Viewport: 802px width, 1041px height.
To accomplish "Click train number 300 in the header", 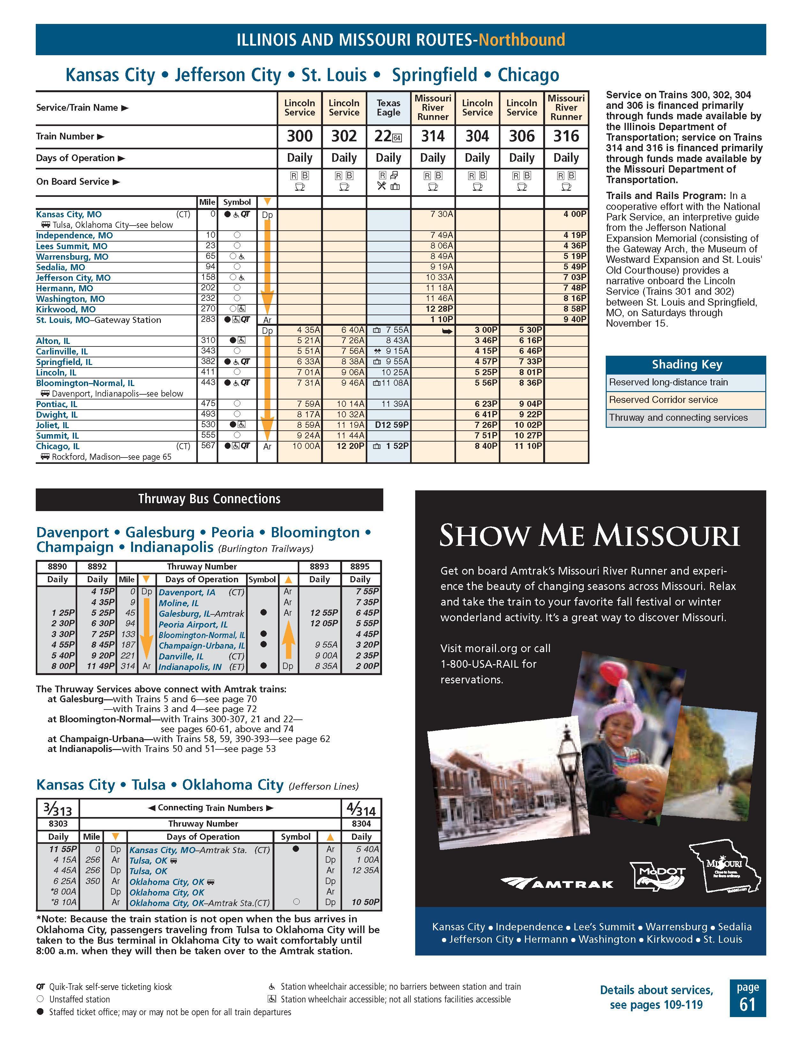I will click(299, 136).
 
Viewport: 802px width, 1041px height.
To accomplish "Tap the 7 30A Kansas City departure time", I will click(441, 214).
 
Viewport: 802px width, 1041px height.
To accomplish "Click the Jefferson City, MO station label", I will click(73, 278).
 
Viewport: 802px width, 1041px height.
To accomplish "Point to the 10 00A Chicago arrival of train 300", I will click(305, 446).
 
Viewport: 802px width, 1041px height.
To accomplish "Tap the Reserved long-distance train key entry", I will click(668, 382).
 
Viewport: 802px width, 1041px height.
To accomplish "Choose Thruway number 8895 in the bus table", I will click(360, 567).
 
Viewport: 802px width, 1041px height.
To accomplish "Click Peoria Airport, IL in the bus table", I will click(193, 624).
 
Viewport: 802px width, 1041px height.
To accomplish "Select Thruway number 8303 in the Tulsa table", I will click(58, 824).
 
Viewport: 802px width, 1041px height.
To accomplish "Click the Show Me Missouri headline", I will click(589, 535).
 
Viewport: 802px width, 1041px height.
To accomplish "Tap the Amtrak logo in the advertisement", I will click(557, 883).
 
